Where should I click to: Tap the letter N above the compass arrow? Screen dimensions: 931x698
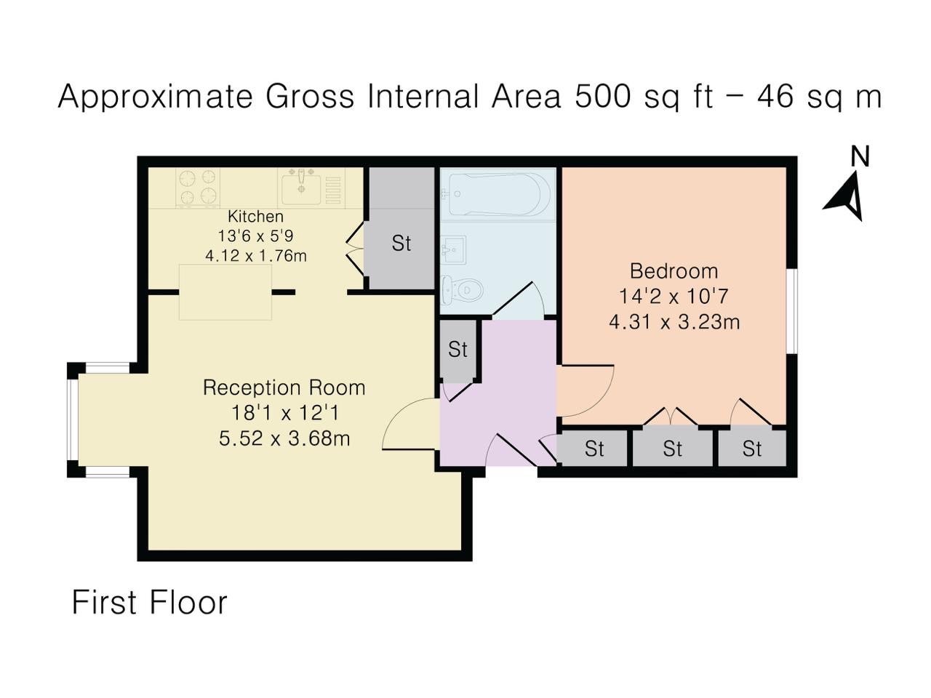tap(860, 156)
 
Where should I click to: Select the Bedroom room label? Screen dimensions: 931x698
tap(674, 271)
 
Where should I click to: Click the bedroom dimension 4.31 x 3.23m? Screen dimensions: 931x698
tap(674, 322)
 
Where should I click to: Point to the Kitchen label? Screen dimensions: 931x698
tap(255, 217)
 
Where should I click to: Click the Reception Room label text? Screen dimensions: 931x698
tap(284, 388)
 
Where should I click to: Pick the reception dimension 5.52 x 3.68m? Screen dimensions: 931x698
tap(284, 438)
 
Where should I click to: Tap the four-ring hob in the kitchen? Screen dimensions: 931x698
tap(198, 187)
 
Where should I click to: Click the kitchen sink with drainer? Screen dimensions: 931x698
tap(311, 187)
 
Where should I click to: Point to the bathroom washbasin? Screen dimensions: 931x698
tap(453, 250)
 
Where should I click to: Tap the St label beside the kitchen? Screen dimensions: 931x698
tap(401, 244)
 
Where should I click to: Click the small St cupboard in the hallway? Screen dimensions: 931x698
tap(457, 349)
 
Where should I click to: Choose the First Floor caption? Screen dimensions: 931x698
tap(150, 603)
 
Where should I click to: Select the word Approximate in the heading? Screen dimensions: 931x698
tap(155, 97)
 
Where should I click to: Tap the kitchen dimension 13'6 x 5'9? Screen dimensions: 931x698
tap(255, 236)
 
